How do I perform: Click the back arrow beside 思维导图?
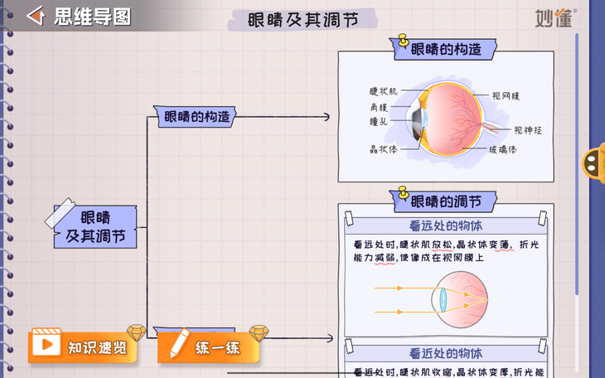point(35,17)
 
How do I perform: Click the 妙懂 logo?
point(554,17)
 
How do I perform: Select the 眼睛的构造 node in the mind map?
point(196,117)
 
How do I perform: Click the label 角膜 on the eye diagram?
point(378,107)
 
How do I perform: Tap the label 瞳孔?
point(378,121)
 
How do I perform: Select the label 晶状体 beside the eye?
point(383,150)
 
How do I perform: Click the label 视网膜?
point(506,96)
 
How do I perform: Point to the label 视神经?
point(527,130)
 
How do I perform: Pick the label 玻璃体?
point(502,150)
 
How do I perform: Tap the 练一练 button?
point(209,346)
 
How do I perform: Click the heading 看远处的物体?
point(446,225)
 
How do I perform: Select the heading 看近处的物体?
point(446,353)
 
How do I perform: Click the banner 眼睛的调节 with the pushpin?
point(445,201)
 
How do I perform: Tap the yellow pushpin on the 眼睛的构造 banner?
point(404,40)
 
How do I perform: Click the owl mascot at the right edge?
point(595,162)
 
